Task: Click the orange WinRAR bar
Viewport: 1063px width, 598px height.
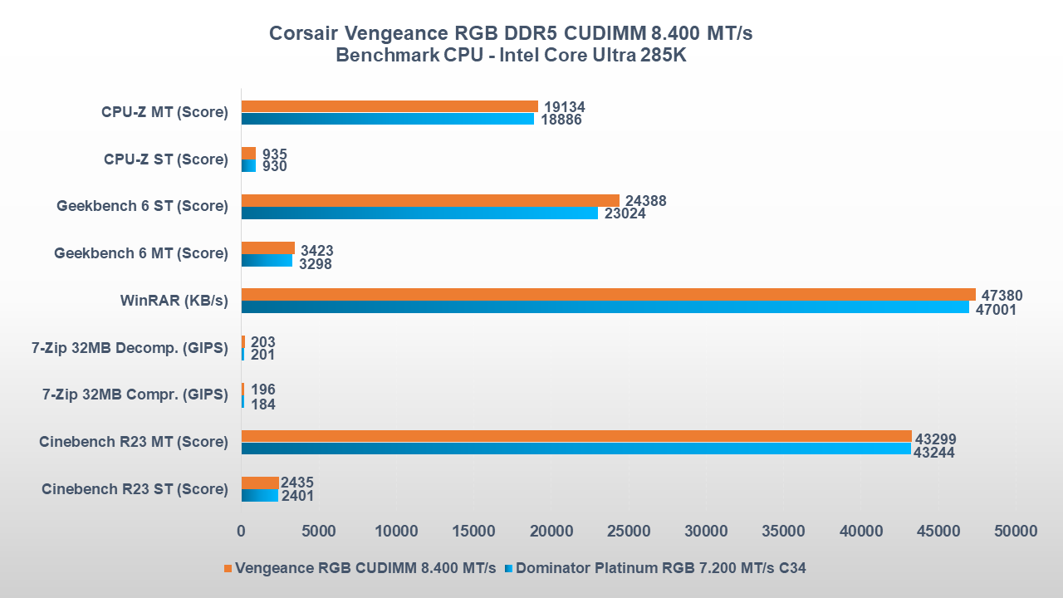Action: click(608, 294)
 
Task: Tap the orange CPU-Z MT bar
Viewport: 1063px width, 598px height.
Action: click(389, 106)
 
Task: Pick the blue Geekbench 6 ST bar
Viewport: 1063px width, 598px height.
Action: click(419, 213)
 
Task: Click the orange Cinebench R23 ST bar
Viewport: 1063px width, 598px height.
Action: click(260, 483)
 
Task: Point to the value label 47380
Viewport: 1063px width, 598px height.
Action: click(1002, 296)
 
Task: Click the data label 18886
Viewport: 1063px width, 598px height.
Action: click(561, 120)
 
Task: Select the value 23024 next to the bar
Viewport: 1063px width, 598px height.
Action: click(625, 214)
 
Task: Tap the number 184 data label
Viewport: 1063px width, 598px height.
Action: click(262, 404)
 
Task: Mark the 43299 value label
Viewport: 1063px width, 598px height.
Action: click(935, 439)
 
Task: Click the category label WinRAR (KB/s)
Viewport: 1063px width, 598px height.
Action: click(174, 300)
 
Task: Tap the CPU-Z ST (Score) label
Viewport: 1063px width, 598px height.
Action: click(165, 159)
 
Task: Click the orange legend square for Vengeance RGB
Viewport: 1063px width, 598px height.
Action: click(228, 569)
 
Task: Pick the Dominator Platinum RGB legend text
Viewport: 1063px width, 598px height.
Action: click(661, 569)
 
